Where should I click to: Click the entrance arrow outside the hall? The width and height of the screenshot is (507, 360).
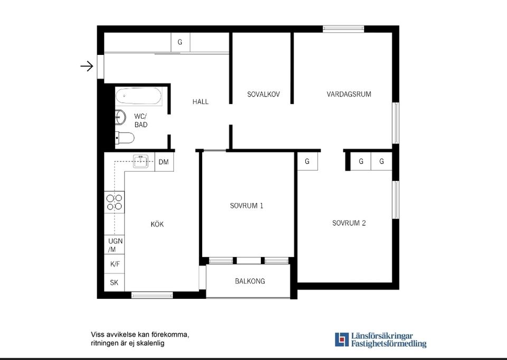pos(87,67)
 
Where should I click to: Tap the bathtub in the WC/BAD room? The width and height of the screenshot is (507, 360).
pos(139,96)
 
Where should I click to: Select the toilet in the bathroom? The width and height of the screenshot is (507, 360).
pos(125,138)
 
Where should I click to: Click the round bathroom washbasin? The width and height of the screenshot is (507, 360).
pos(120,117)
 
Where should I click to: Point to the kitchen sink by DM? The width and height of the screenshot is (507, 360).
pos(140,161)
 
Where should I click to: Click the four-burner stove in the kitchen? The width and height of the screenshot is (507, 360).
pos(115,202)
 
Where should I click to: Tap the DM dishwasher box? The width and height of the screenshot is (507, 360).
pos(164,162)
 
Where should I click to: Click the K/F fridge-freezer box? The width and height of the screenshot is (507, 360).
pos(115,264)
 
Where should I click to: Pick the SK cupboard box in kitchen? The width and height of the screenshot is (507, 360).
pos(115,282)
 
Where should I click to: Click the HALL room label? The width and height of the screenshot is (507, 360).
pos(201,102)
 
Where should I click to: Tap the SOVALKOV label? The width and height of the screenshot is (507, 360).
pos(264,94)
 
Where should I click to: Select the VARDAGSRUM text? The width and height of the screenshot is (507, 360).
pos(349,94)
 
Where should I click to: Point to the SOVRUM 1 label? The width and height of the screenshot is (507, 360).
pos(247,206)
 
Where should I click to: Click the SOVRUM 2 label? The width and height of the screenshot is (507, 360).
pos(349,223)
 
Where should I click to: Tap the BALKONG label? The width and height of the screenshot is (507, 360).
pos(250,281)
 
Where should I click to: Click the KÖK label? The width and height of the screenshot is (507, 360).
pos(157,224)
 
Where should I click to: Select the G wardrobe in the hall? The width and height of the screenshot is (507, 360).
pos(180,42)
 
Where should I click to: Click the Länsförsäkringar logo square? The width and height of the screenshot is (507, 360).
pos(342,339)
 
